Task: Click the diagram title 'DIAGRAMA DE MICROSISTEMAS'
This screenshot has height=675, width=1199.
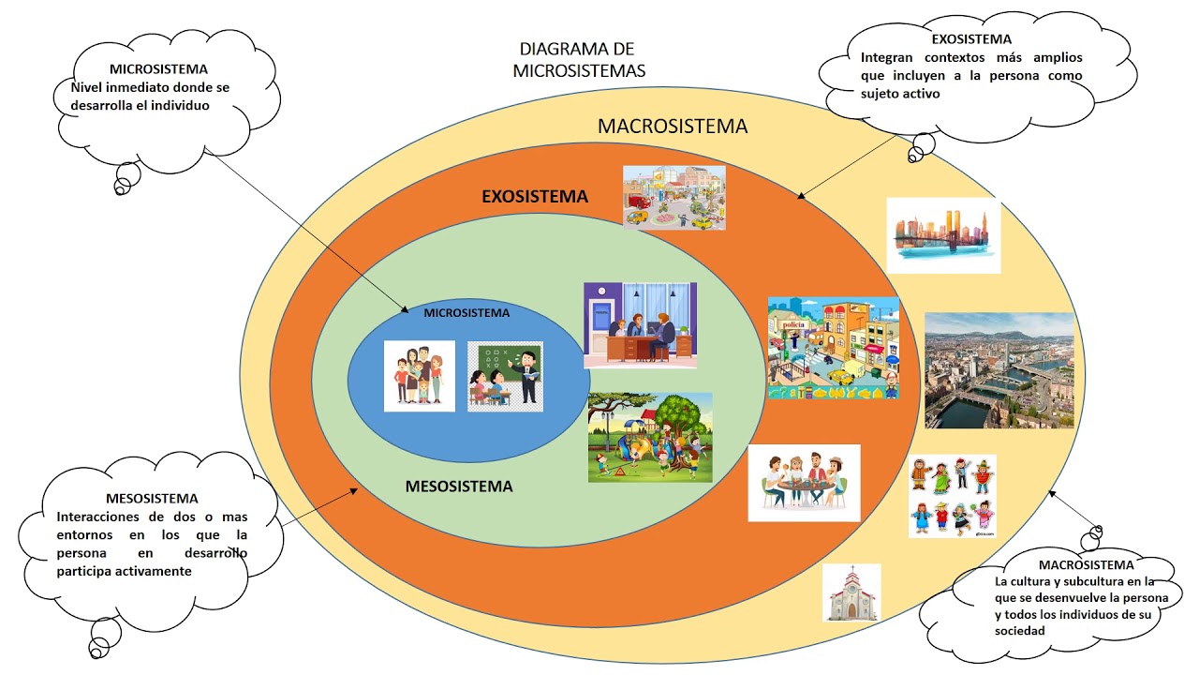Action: tap(579, 59)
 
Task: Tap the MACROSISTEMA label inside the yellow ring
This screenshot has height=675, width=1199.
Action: tap(673, 127)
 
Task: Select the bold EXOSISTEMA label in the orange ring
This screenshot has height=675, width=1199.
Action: tap(535, 197)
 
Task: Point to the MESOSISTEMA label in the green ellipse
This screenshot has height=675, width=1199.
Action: tap(459, 487)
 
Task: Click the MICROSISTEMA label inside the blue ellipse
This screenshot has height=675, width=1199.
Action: tap(466, 313)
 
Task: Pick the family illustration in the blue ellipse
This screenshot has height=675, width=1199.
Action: tap(419, 376)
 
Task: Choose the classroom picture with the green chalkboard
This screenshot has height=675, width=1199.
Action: tap(505, 377)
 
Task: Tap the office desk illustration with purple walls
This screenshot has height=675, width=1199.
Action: tap(640, 324)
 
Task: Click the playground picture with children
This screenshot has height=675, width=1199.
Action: tap(650, 437)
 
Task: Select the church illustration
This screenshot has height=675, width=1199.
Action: tap(851, 592)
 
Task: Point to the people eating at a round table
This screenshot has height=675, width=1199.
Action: tap(804, 483)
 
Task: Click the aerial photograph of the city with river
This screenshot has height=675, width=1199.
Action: tap(999, 370)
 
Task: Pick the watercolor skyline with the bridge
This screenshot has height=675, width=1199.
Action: tap(943, 235)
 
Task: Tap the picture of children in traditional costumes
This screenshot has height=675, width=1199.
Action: tap(953, 496)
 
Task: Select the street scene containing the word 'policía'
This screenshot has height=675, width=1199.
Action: tap(834, 348)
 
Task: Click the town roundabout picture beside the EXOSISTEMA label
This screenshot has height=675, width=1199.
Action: tap(674, 198)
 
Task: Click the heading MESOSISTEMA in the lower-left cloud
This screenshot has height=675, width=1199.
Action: tap(152, 499)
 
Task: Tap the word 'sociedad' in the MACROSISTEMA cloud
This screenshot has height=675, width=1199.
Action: tap(1020, 631)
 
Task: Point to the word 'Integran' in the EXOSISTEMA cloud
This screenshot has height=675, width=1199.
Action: tap(886, 58)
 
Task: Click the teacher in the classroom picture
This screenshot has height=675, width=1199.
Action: tap(527, 377)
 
